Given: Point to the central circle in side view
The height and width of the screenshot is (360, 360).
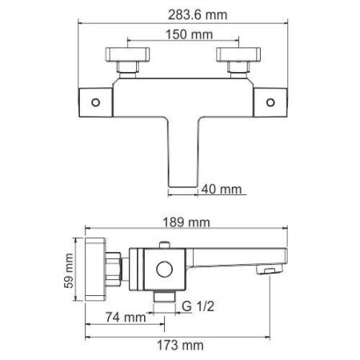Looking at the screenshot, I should [167, 268].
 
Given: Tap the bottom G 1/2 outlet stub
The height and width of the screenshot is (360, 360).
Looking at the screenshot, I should [166, 298].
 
